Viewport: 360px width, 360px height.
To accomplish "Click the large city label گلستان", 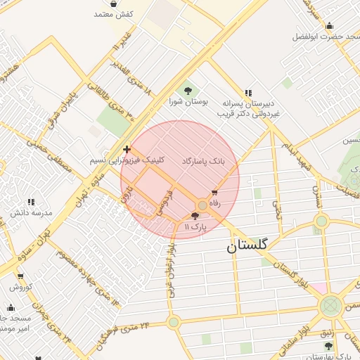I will (x=247, y=245).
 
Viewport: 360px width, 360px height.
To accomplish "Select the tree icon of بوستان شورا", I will (x=188, y=90).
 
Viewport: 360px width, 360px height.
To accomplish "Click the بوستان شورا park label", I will (x=185, y=102).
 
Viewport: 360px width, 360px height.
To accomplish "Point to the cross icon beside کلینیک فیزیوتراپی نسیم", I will (x=127, y=149).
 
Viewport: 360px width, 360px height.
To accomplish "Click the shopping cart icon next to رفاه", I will (x=214, y=192).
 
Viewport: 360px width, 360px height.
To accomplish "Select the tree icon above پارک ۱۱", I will (x=195, y=216).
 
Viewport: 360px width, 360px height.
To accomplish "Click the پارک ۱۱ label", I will (x=195, y=227).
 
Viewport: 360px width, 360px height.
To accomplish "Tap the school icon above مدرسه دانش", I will (x=31, y=202).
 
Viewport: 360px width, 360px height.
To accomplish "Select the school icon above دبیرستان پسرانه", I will (x=247, y=92).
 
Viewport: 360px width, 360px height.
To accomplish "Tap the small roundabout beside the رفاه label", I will (x=202, y=205).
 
